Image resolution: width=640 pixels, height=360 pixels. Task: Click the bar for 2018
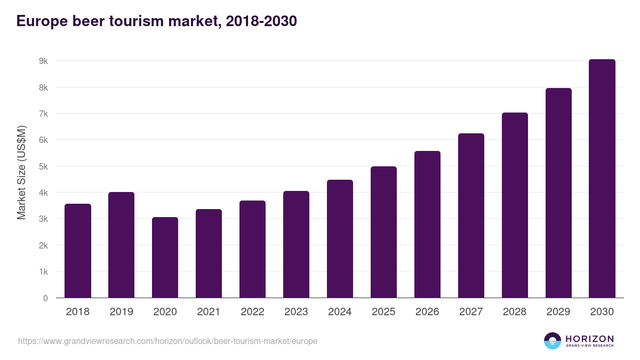(78, 251)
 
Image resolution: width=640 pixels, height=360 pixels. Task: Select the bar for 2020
(165, 258)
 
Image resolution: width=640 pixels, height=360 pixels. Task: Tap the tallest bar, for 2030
(602, 179)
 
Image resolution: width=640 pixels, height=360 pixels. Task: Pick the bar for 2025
(384, 232)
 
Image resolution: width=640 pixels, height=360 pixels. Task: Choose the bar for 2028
(515, 205)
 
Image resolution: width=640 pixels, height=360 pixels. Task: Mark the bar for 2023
(297, 244)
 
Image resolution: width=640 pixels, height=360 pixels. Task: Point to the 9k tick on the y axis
(43, 61)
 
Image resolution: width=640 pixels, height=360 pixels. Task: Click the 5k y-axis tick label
(43, 166)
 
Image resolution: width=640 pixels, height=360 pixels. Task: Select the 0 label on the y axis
(45, 298)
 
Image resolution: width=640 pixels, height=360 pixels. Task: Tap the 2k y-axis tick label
(43, 245)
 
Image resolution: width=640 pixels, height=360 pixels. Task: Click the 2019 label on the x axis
(122, 312)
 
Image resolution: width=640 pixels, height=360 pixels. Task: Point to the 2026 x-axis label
(428, 312)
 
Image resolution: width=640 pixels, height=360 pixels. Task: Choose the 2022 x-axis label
(253, 312)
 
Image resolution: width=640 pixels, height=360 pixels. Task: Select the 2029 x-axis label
(559, 312)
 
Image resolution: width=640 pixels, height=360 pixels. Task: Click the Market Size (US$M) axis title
(21, 172)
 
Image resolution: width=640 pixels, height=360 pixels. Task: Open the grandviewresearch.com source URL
(167, 341)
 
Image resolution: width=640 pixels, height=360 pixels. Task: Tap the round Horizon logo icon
(553, 341)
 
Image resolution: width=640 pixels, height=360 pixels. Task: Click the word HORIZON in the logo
(589, 338)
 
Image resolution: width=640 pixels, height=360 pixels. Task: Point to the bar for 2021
(209, 253)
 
